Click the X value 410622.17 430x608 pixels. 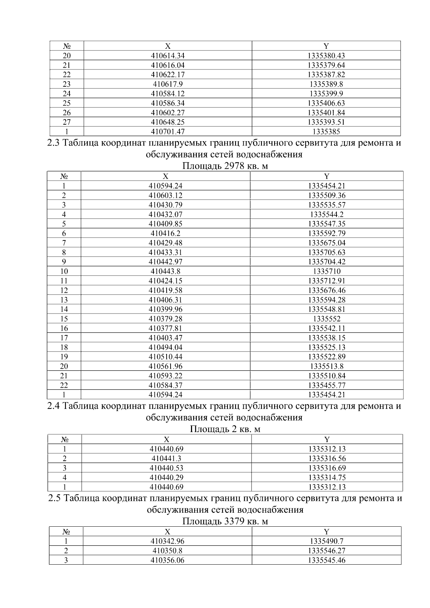click(x=168, y=75)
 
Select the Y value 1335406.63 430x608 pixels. click(x=326, y=103)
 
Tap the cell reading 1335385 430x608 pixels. click(x=326, y=131)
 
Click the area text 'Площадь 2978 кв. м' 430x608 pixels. click(x=225, y=166)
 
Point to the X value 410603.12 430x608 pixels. click(x=166, y=196)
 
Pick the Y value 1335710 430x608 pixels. click(x=326, y=272)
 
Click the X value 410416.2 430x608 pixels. click(x=166, y=234)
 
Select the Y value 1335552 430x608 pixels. click(x=326, y=319)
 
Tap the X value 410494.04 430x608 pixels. click(x=166, y=347)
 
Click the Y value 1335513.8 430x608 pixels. click(x=326, y=366)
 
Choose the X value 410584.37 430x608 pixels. click(x=166, y=385)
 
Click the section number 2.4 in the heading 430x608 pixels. click(x=54, y=406)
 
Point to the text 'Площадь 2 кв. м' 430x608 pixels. click(x=225, y=429)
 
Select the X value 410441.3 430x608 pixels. click(x=166, y=459)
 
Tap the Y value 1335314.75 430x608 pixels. click(x=327, y=478)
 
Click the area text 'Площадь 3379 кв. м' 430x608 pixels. click(x=225, y=521)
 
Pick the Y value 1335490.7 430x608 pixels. click(x=326, y=541)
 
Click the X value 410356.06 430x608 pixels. click(x=167, y=560)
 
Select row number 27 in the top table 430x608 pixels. click(x=67, y=122)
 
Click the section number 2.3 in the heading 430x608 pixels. click(x=54, y=143)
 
